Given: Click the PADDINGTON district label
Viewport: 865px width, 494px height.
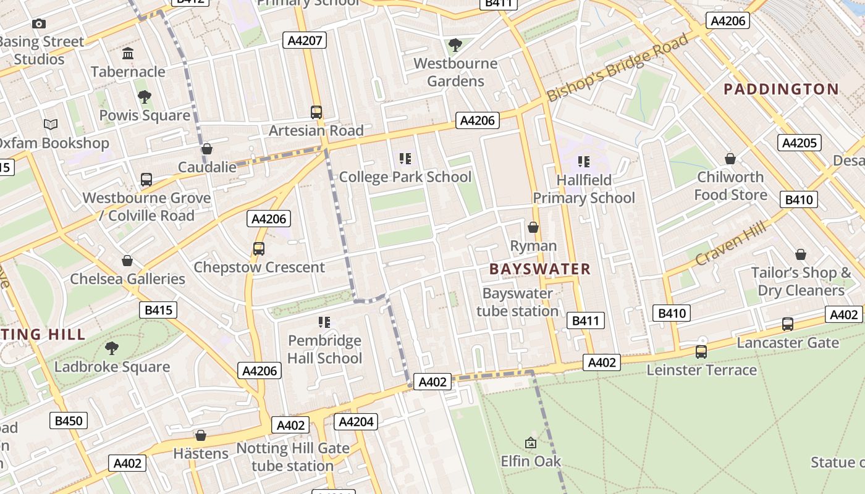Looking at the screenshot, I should (x=781, y=89).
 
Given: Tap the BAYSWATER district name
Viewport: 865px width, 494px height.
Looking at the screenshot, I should (x=540, y=269).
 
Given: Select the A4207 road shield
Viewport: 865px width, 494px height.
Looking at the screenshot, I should (x=304, y=41).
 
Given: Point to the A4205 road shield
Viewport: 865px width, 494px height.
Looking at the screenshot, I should (x=800, y=143).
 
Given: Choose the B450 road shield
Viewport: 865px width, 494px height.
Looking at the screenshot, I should (x=68, y=421).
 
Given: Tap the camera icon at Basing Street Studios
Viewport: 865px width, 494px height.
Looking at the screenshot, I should (x=39, y=24).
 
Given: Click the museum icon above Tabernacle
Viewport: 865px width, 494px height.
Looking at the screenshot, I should (x=128, y=54).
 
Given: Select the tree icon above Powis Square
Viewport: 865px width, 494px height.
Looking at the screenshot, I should (x=145, y=97).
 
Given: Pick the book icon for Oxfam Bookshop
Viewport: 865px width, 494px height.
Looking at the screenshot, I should (x=51, y=125).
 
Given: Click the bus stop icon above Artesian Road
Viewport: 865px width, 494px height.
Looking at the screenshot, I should (x=316, y=112).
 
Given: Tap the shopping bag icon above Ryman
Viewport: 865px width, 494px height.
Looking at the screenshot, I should (x=533, y=227).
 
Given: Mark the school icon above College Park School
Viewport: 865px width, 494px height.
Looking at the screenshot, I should (x=405, y=159).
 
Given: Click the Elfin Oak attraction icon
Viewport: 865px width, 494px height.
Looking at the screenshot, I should (x=531, y=443).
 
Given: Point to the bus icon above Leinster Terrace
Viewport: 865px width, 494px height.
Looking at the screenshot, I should (x=701, y=352).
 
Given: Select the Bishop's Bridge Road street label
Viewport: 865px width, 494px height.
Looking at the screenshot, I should (x=617, y=68).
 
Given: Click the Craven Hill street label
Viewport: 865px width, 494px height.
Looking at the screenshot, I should (x=730, y=243).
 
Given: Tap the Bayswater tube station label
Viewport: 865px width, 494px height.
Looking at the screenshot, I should (x=517, y=302).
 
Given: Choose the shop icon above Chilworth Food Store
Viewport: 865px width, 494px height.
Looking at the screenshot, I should (x=730, y=159).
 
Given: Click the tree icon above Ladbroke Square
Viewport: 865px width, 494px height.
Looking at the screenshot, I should (x=112, y=348).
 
